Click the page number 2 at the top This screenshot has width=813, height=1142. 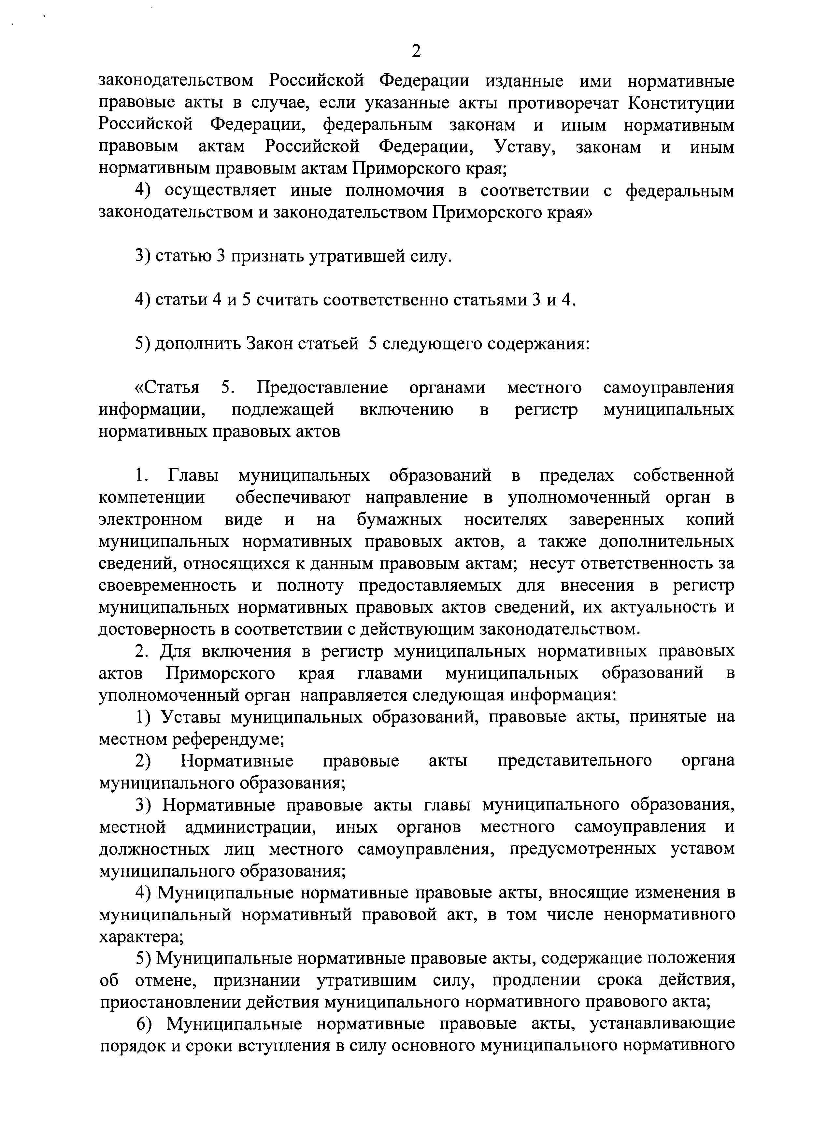click(x=416, y=51)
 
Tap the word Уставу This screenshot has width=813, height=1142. click(x=525, y=147)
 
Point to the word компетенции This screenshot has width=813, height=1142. click(x=152, y=498)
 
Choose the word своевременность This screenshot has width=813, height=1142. click(x=167, y=585)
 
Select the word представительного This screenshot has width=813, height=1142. click(x=574, y=761)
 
